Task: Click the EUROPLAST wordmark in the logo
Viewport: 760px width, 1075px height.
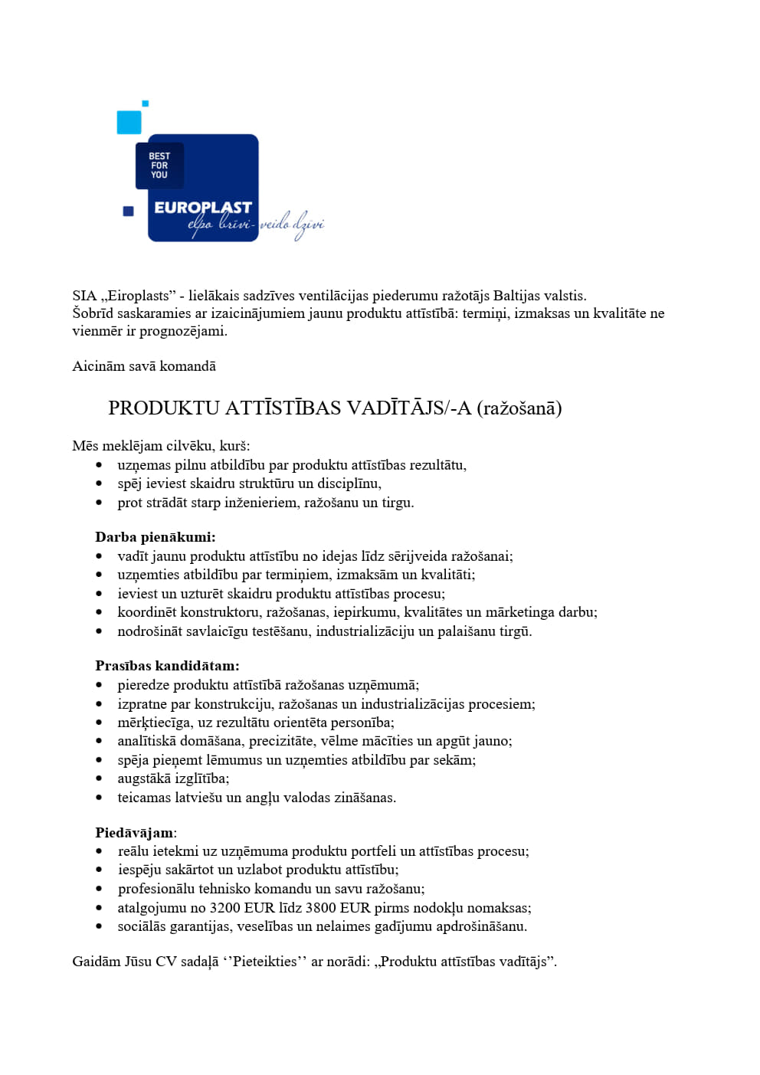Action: [x=202, y=207]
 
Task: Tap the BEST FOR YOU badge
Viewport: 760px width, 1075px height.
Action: [x=159, y=166]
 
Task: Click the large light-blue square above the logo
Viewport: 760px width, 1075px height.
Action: [x=129, y=122]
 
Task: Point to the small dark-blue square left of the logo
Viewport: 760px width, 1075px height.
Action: [x=129, y=211]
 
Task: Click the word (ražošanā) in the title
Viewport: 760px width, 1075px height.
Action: [x=519, y=408]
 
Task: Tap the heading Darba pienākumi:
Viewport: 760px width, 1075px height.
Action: [x=156, y=537]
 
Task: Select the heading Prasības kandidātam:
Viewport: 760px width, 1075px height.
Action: [x=167, y=666]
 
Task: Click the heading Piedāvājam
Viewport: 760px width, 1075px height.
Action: [x=134, y=832]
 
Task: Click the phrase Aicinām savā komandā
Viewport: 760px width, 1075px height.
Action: [x=144, y=366]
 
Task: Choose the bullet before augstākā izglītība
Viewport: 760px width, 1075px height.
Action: [x=99, y=779]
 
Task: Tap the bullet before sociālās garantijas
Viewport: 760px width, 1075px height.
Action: [x=99, y=927]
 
